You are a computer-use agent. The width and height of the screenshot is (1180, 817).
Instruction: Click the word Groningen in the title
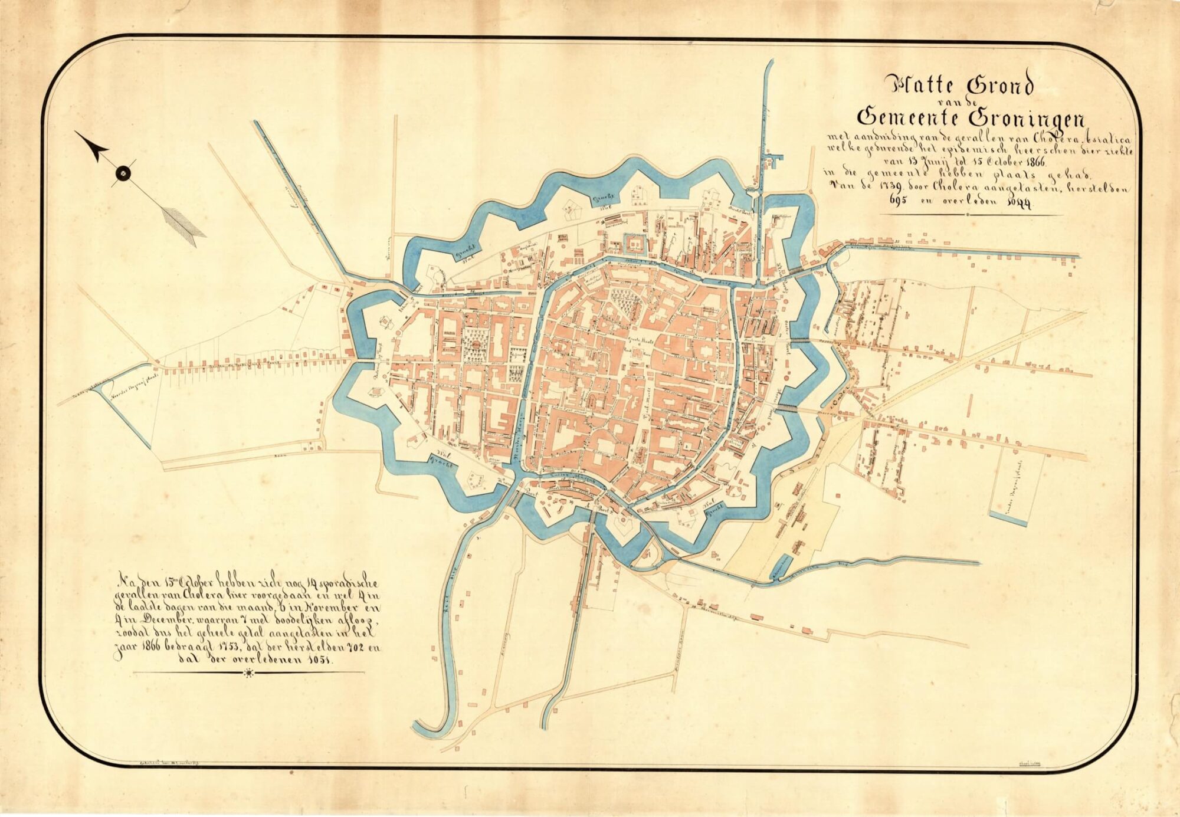pos(1032,117)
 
